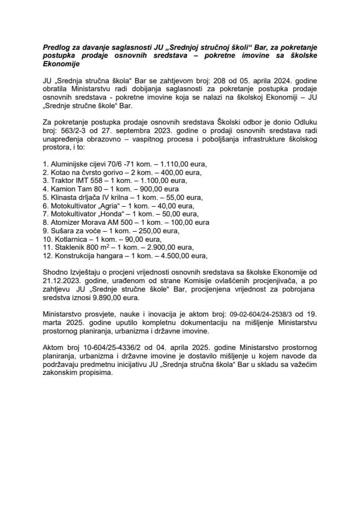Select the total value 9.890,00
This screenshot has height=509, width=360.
tap(86, 298)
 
